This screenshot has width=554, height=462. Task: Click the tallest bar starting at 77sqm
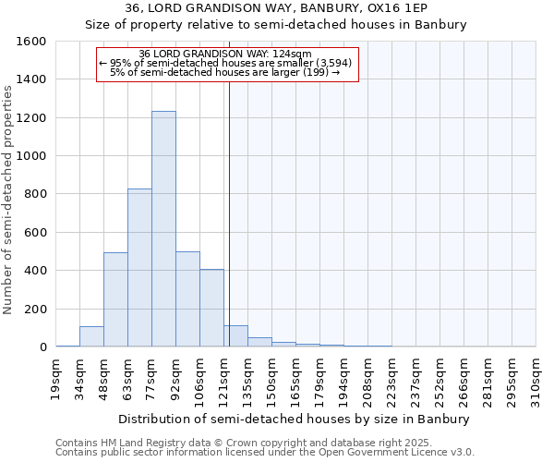click(163, 229)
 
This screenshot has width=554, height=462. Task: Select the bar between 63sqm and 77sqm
click(139, 268)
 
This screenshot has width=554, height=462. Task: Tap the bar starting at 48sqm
click(115, 299)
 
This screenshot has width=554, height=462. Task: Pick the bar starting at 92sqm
click(187, 298)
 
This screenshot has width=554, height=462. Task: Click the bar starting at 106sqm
click(211, 308)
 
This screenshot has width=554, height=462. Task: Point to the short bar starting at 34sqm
click(91, 336)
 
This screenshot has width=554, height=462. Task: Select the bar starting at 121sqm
click(235, 336)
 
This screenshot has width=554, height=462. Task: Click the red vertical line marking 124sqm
click(229, 213)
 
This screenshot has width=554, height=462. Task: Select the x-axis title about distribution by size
click(295, 419)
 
